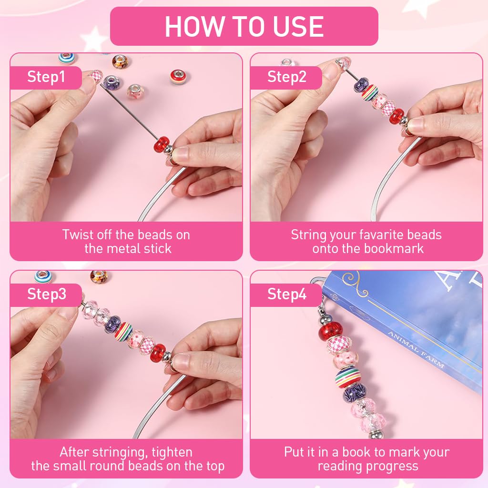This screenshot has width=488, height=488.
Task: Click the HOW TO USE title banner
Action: point(244,27)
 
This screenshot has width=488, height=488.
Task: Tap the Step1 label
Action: point(46,77)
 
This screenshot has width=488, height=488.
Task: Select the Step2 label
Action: point(286,77)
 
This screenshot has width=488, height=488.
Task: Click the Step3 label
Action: point(46,294)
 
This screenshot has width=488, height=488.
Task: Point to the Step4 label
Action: point(286,294)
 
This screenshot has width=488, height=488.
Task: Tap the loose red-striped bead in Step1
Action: point(178,77)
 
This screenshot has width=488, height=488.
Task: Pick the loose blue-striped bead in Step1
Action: point(66,59)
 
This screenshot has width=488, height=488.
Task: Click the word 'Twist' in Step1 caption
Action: point(77,235)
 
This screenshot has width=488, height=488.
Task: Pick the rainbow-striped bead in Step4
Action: point(347,377)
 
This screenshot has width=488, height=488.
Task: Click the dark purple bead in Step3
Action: point(112,324)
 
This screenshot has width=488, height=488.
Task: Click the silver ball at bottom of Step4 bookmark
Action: point(362,434)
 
